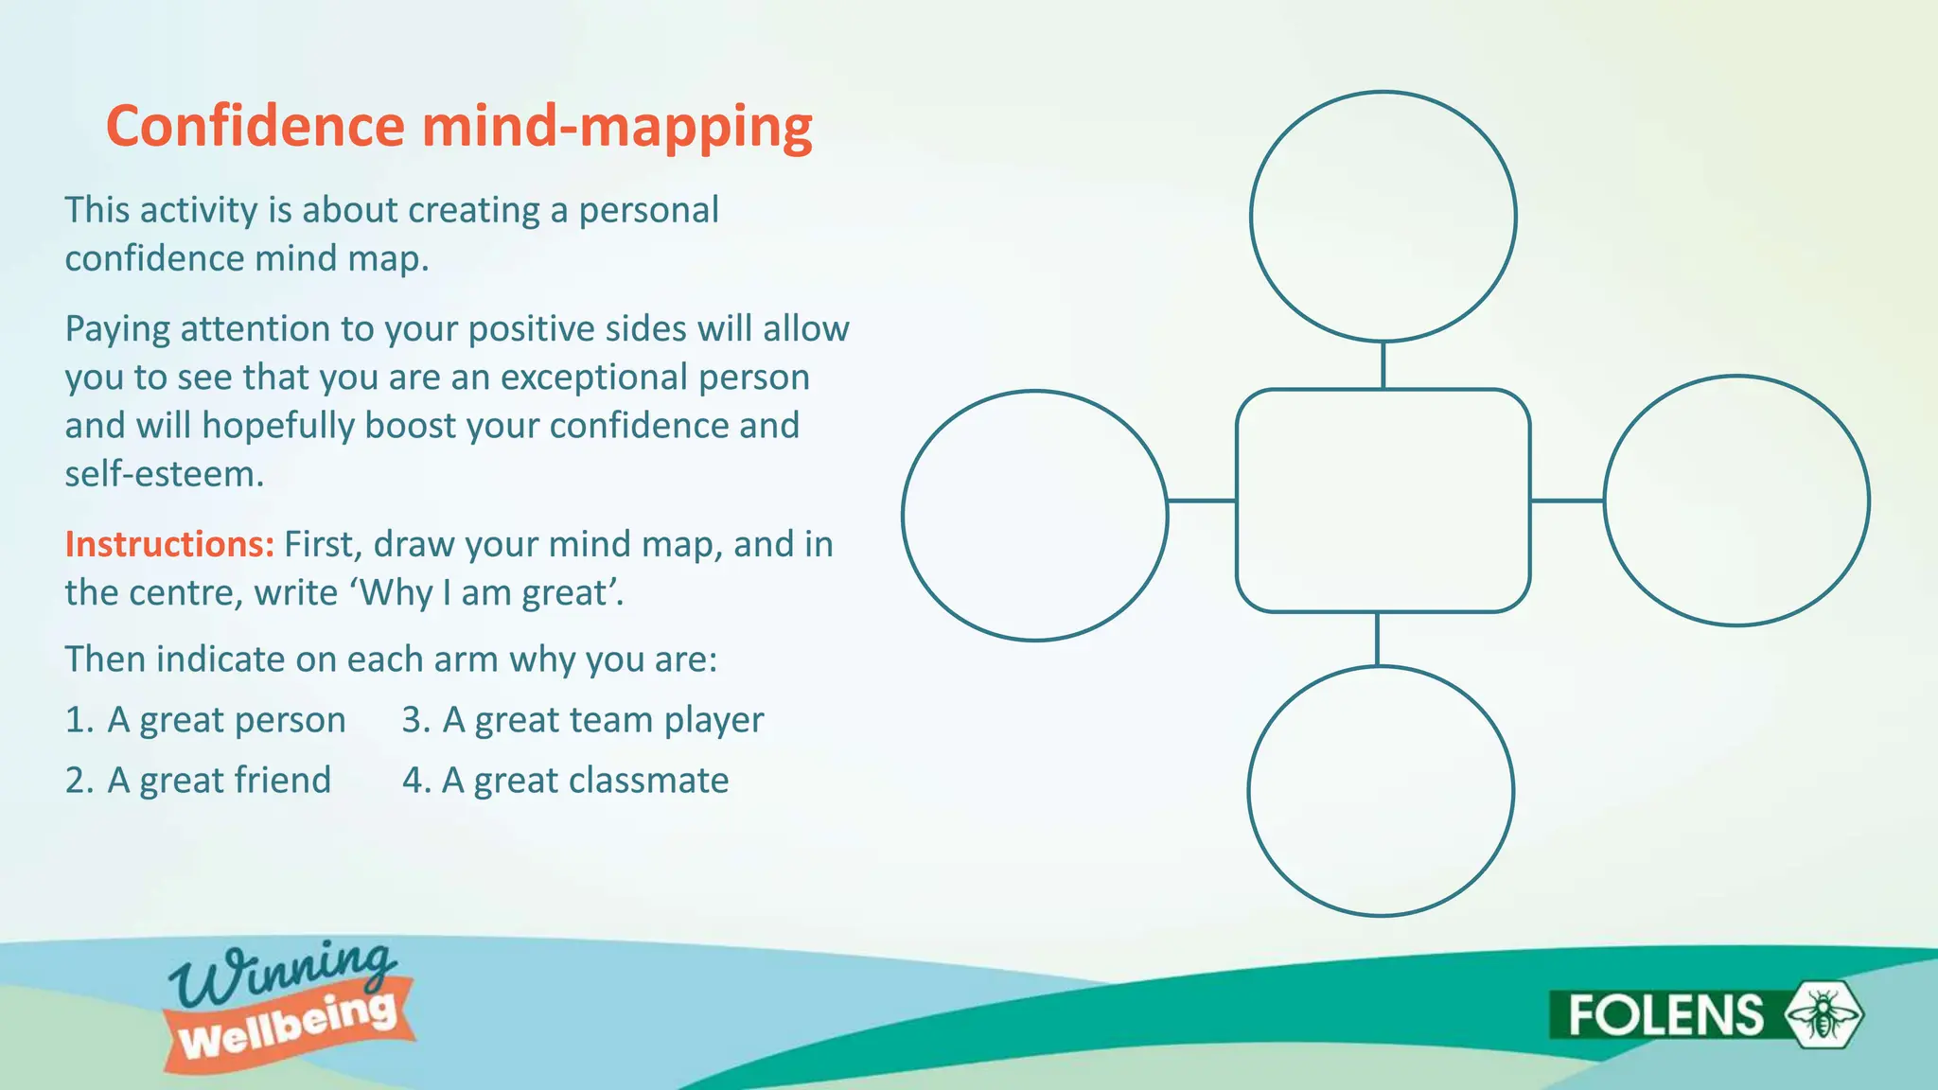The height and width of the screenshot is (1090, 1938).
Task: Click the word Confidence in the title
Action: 255,126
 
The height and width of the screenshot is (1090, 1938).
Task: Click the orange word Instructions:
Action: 169,544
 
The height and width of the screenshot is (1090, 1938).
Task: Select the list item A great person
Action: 226,720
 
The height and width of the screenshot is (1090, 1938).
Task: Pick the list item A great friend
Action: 219,781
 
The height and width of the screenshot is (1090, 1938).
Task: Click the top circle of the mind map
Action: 1383,216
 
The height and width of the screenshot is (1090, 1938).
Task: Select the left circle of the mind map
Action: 1034,516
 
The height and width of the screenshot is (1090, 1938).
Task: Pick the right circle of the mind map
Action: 1736,501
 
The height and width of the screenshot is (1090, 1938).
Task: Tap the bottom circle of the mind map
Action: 1381,791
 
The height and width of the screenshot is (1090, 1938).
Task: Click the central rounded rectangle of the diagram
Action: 1383,501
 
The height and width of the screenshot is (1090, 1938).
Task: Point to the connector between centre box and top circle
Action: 1383,365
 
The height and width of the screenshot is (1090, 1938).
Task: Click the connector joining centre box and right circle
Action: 1567,501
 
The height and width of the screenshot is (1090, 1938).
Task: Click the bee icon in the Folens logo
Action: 1823,1014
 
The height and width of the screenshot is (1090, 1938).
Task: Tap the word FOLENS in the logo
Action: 1665,1015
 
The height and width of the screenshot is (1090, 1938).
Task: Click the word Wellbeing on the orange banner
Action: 288,1027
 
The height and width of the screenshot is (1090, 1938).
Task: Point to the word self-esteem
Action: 164,474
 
